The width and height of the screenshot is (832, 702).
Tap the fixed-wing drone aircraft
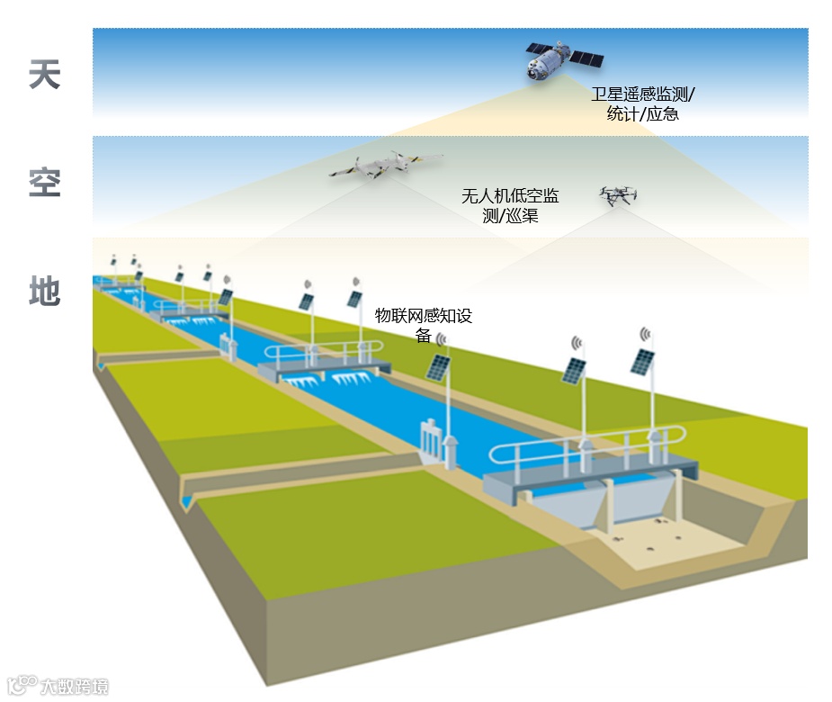(x=382, y=166)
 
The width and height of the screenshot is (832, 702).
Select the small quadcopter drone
(x=618, y=195)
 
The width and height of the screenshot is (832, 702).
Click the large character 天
(x=44, y=75)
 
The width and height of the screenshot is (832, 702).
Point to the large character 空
(x=44, y=183)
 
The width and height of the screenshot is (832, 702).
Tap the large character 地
(x=44, y=291)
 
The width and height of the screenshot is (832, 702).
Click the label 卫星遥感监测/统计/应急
(x=642, y=103)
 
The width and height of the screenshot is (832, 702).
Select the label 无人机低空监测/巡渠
(x=510, y=205)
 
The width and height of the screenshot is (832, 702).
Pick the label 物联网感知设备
(x=423, y=325)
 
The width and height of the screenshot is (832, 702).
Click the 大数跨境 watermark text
(x=74, y=687)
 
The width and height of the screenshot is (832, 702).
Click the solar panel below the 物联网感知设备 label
(x=439, y=367)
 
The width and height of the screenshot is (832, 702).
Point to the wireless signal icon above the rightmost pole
(x=645, y=335)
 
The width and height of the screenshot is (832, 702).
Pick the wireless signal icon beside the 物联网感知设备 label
(x=441, y=339)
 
